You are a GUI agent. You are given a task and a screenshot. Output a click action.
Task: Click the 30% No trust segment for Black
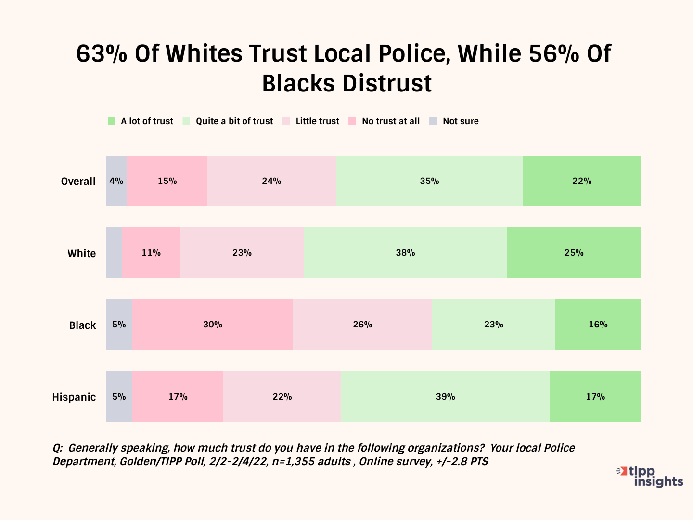click(x=213, y=325)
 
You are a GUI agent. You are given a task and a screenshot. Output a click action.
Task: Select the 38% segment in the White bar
click(x=405, y=253)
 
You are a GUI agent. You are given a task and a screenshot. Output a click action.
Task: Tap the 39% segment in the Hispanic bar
click(x=446, y=397)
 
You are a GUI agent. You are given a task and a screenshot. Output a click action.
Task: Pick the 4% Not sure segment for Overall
click(x=116, y=181)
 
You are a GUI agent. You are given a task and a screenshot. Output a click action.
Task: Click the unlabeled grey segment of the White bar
click(x=114, y=253)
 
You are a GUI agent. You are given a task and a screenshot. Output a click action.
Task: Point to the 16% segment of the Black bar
click(x=598, y=325)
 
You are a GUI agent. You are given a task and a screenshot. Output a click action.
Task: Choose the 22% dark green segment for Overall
click(x=582, y=181)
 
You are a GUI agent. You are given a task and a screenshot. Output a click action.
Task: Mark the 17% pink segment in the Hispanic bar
click(x=178, y=397)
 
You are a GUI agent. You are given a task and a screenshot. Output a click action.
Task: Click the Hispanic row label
click(x=74, y=397)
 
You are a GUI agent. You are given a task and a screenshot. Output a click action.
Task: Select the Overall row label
click(x=78, y=182)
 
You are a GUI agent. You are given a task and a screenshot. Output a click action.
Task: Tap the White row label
click(x=81, y=254)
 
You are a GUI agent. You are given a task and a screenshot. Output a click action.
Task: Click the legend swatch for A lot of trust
click(x=112, y=121)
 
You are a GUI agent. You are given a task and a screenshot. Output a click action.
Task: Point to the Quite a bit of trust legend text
click(x=234, y=121)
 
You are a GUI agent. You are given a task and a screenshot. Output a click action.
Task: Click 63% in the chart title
click(x=102, y=53)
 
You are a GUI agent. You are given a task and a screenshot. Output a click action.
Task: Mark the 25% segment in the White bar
click(x=574, y=253)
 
